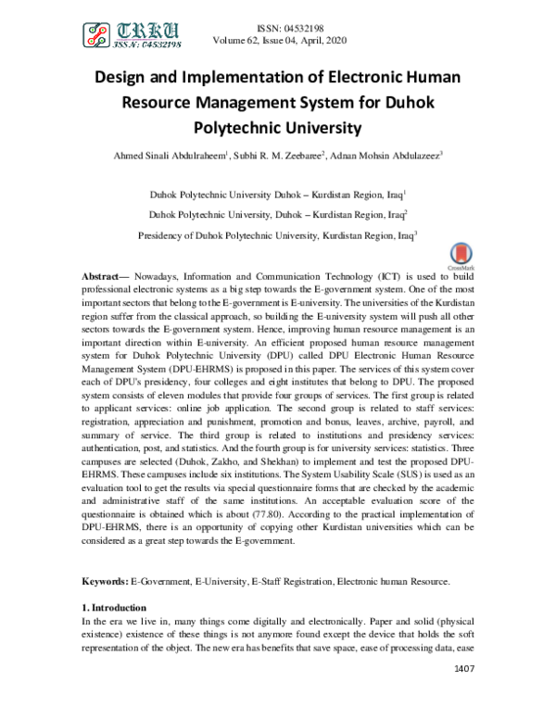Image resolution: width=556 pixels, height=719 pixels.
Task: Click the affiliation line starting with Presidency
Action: pyautogui.click(x=275, y=235)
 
